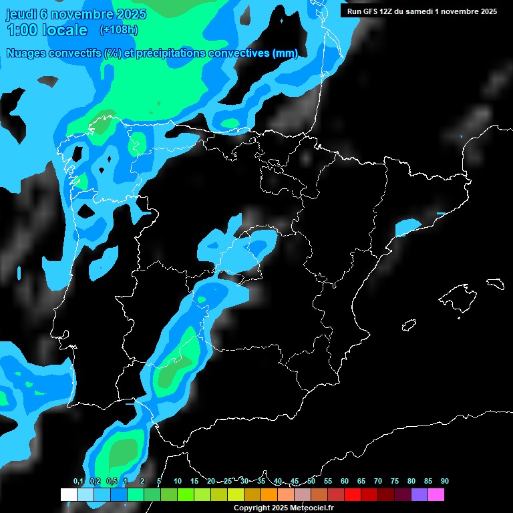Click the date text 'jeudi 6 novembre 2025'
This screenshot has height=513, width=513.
(x=75, y=13)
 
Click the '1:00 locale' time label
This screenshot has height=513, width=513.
(x=47, y=30)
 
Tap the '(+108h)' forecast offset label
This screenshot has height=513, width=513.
(x=118, y=30)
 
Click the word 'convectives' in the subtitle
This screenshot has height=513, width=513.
(x=236, y=53)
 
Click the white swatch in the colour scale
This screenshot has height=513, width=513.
(x=69, y=494)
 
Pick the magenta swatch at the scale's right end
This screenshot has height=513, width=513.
(x=436, y=494)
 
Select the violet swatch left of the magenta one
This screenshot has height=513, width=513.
(x=419, y=494)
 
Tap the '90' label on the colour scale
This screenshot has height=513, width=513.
(x=445, y=481)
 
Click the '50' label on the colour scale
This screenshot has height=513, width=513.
(x=311, y=481)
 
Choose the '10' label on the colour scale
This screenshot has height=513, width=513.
(x=178, y=481)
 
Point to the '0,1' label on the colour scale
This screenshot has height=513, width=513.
(x=78, y=481)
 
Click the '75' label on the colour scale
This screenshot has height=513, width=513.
(x=395, y=481)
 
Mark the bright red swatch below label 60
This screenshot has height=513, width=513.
(x=353, y=494)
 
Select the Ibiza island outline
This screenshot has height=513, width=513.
(x=408, y=325)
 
